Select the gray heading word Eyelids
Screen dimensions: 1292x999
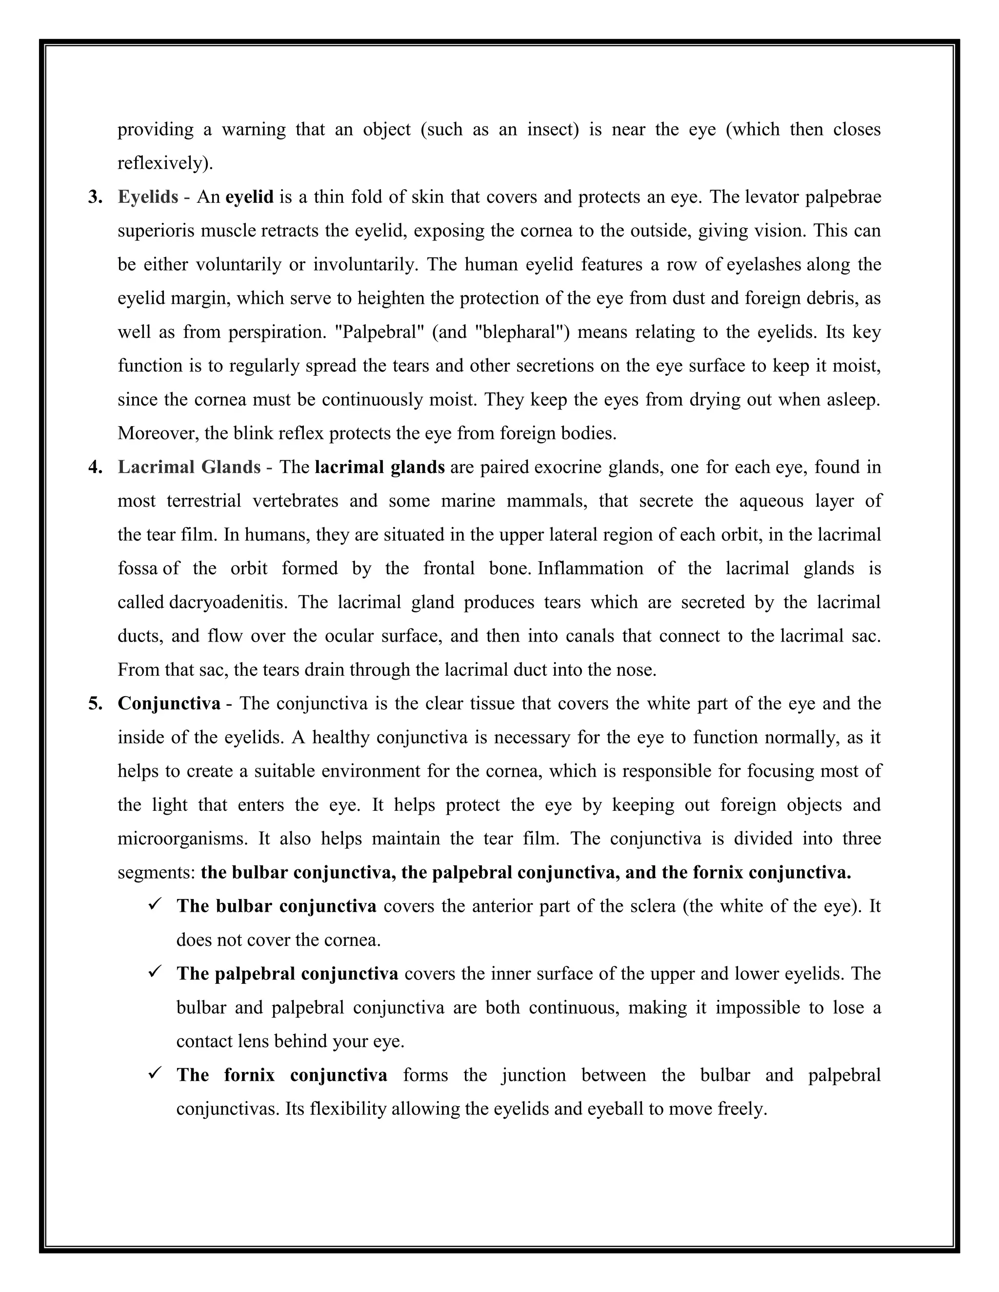(148, 197)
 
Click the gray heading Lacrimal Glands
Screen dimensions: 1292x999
(189, 468)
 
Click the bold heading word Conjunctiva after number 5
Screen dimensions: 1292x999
(169, 704)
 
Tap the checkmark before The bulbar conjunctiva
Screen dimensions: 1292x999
(156, 905)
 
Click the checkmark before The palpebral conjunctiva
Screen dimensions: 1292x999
(156, 973)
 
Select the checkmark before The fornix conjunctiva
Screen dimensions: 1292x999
(156, 1074)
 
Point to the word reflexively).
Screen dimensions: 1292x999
(165, 163)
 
